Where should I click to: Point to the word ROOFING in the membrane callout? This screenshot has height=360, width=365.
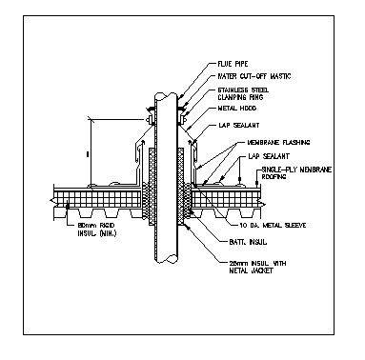pos(274,177)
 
